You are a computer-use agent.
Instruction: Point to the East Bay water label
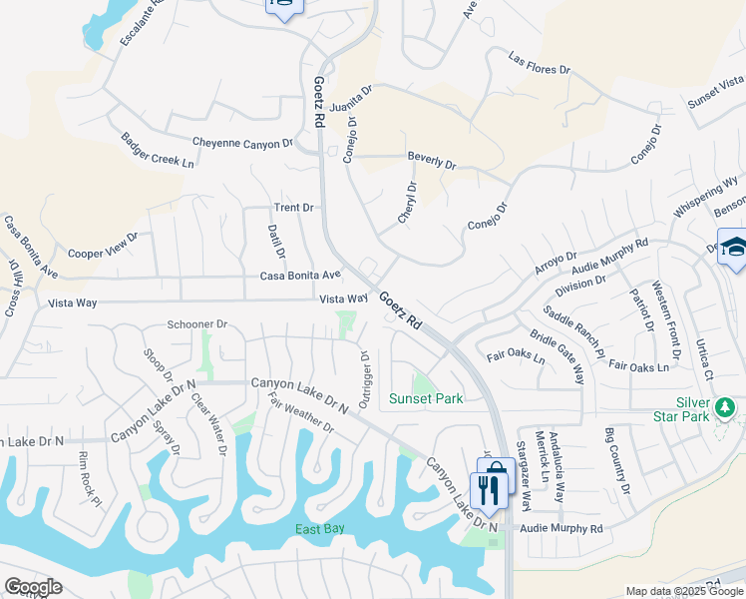320,529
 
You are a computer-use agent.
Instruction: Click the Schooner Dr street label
197,324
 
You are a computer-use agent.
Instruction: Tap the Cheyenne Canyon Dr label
242,144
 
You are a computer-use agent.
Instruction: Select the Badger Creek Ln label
158,150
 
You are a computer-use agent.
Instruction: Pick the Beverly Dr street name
431,158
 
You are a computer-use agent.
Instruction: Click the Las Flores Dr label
539,64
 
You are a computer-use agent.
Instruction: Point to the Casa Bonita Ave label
300,275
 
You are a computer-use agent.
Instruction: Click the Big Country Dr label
618,460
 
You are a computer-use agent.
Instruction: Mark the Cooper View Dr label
102,247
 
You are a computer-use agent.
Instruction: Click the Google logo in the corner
33,586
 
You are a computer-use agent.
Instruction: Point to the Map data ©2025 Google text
684,591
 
